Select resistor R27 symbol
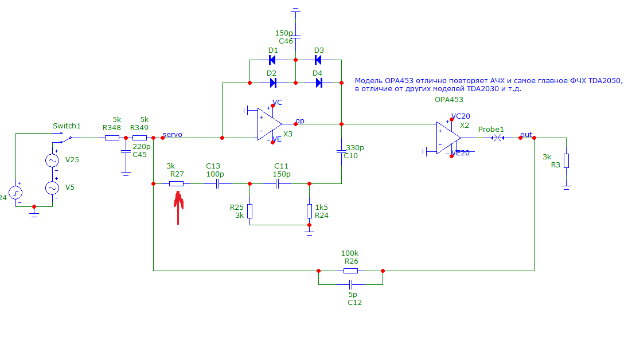click(176, 184)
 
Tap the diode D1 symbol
click(273, 60)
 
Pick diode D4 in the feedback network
click(318, 83)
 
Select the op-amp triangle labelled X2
click(448, 138)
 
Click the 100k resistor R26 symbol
click(350, 271)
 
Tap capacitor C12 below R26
click(350, 284)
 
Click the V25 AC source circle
click(52, 161)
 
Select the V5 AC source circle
click(52, 187)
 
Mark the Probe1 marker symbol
click(498, 138)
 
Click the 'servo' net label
click(173, 135)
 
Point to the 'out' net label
click(525, 135)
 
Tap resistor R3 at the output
click(566, 161)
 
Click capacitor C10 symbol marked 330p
click(341, 152)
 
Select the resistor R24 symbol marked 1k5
click(309, 212)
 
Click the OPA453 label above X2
click(449, 99)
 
